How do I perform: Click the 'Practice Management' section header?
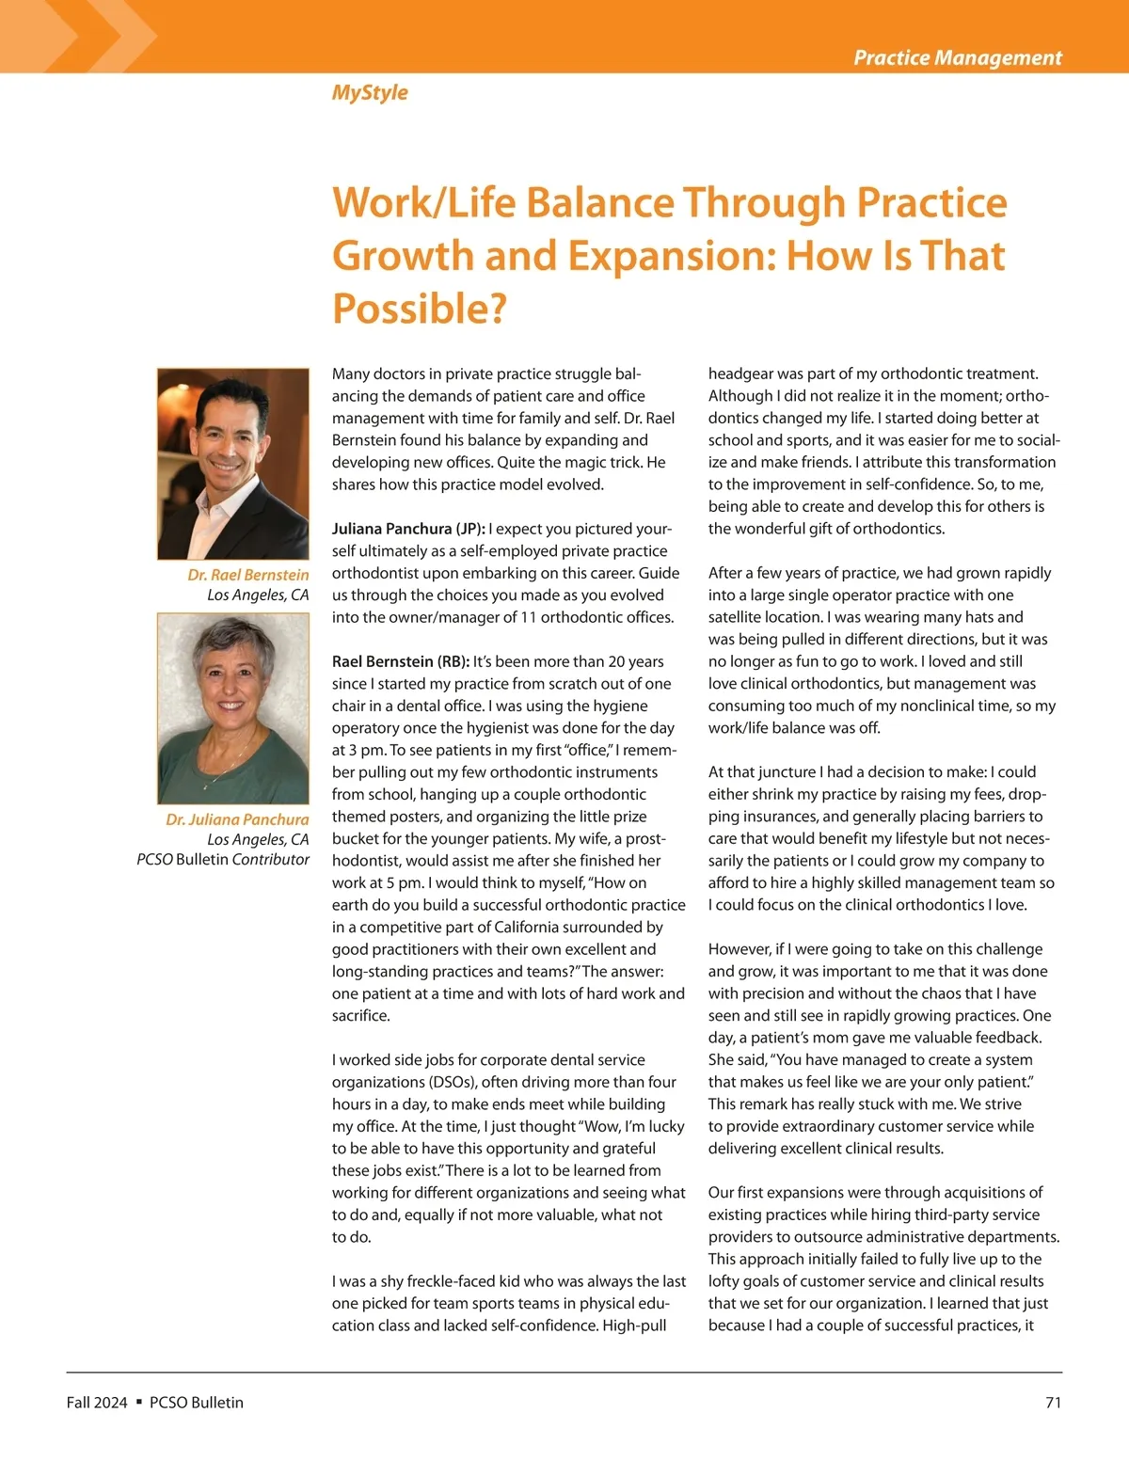957,57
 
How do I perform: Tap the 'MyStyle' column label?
370,92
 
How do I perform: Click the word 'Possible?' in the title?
420,309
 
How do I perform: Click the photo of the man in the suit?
233,463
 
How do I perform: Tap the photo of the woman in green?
233,707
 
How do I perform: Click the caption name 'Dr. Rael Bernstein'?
247,575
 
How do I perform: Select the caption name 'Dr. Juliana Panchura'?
237,819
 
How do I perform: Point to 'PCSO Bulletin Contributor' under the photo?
223,859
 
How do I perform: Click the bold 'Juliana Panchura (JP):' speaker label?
408,529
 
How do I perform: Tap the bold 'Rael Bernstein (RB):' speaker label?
400,661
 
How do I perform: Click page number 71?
1053,1403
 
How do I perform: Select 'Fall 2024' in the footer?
97,1403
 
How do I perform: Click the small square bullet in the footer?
138,1402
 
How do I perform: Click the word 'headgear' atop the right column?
741,373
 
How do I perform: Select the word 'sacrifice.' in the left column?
361,1016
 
